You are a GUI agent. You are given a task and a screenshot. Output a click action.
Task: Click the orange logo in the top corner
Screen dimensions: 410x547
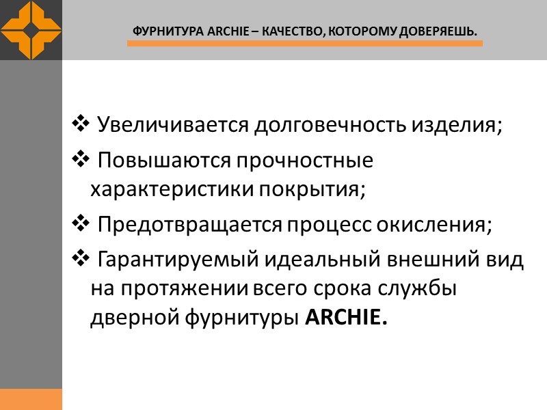point(31,30)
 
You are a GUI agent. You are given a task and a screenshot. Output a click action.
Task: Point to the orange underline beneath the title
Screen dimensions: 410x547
point(304,44)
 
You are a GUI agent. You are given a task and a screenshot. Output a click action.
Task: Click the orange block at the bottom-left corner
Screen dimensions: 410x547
point(31,399)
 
